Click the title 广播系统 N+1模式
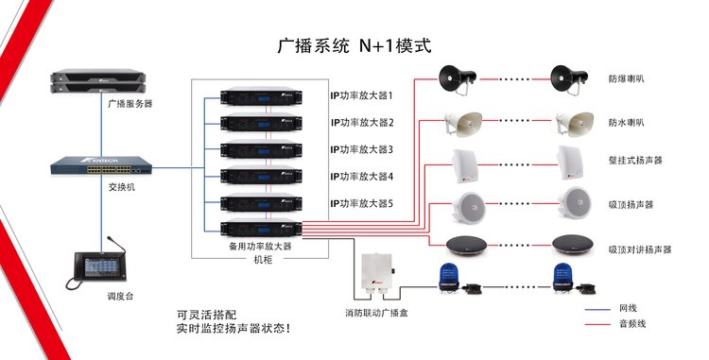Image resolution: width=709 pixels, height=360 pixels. click(354, 45)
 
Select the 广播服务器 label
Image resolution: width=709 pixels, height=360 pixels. click(130, 103)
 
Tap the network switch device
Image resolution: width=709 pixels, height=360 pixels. click(101, 165)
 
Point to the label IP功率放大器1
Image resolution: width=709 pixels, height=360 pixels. click(361, 95)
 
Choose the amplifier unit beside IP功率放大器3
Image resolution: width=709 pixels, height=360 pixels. click(261, 149)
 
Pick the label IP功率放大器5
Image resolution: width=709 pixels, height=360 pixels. click(361, 204)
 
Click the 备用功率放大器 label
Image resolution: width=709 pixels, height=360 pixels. click(261, 247)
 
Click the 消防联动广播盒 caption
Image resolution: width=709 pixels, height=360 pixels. click(376, 313)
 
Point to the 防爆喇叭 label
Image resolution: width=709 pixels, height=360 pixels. click(626, 78)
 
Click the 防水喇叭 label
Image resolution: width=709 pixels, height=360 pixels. click(626, 123)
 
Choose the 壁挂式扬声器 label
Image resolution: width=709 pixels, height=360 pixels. click(635, 161)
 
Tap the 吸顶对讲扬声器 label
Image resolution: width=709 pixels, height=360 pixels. click(640, 249)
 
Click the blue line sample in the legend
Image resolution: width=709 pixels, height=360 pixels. click(597, 310)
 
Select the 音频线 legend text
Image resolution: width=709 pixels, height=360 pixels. click(632, 324)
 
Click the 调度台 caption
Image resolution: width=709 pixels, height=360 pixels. click(120, 297)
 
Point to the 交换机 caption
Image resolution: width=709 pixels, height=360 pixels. click(122, 187)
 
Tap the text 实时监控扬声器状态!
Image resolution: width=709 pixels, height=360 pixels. click(233, 329)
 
